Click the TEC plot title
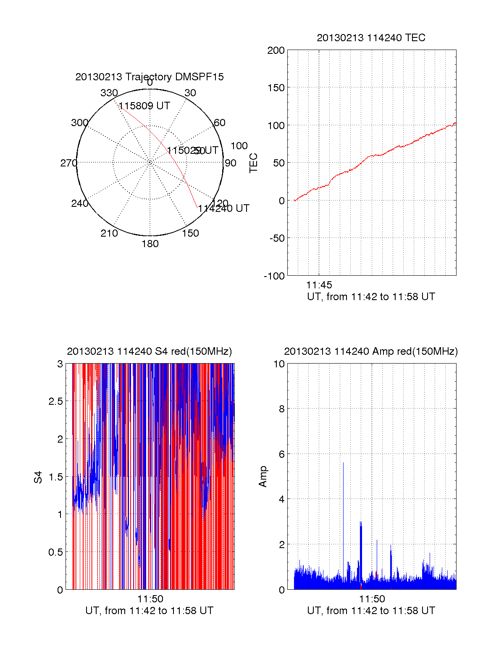(371, 38)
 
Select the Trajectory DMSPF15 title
(150, 77)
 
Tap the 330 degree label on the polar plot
(109, 93)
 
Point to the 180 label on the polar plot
(150, 244)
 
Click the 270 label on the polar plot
(68, 163)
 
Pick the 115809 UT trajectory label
(144, 106)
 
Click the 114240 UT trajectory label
(224, 208)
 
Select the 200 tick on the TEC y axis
(276, 50)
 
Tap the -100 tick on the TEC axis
(274, 276)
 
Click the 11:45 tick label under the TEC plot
(319, 285)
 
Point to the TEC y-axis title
(254, 163)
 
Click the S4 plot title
(149, 351)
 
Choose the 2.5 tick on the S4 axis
(55, 401)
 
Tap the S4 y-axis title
(38, 477)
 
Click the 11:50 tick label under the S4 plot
(150, 599)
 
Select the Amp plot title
(371, 351)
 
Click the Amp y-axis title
(263, 477)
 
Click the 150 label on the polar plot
(190, 233)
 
